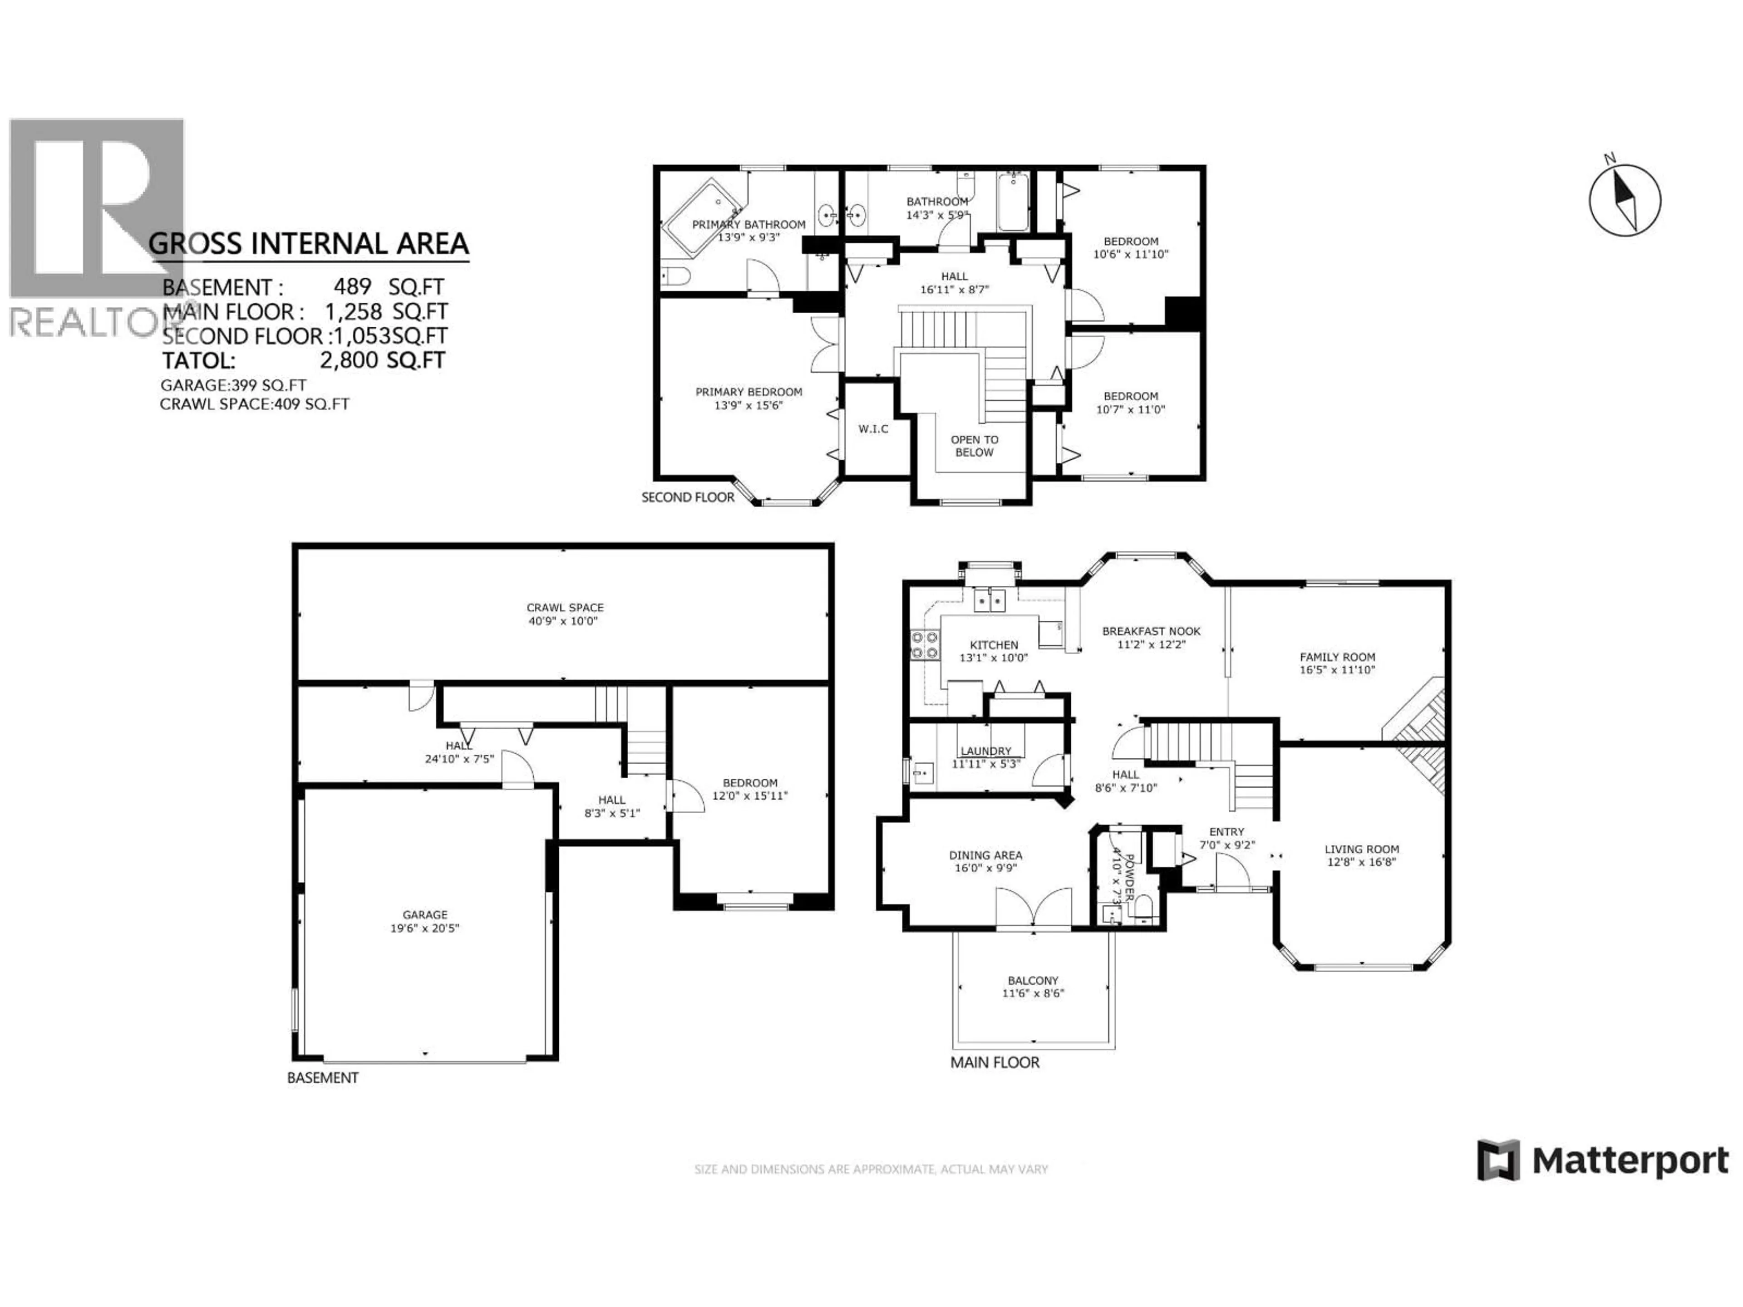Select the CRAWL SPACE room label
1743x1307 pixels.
click(x=565, y=607)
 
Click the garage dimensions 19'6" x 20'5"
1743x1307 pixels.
click(x=425, y=928)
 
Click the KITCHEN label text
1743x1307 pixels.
click(x=994, y=644)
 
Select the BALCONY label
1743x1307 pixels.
click(x=1032, y=981)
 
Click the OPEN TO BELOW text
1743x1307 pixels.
click(x=974, y=446)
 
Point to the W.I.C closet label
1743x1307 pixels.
click(x=873, y=428)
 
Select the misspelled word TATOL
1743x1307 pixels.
click(x=198, y=361)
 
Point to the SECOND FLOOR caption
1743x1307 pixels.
click(x=687, y=497)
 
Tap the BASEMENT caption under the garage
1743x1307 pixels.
click(x=322, y=1078)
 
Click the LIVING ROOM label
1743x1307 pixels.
click(x=1362, y=849)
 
